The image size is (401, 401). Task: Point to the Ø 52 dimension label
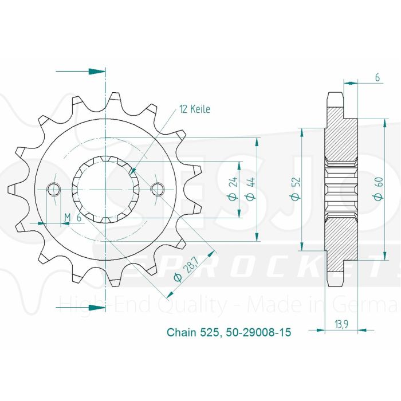coord(296,187)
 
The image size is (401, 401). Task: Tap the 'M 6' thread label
coord(74,217)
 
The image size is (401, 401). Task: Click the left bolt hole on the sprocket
coord(53,188)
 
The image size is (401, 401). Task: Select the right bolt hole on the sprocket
coord(157,188)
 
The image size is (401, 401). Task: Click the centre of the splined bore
coord(105,188)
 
